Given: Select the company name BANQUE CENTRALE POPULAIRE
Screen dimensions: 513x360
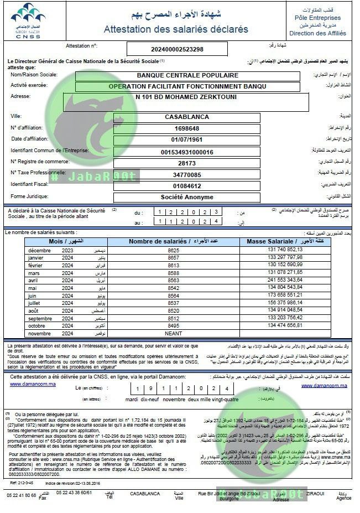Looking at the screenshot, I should tap(187, 75).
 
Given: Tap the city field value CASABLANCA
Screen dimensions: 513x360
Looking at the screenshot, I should tap(187, 117).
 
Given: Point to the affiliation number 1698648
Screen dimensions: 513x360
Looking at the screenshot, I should tap(187, 129).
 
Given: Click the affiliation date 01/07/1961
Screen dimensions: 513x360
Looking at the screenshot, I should tap(187, 140).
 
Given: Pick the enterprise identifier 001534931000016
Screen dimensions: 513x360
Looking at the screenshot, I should tap(187, 152).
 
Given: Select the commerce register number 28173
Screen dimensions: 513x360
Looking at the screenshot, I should tap(187, 163).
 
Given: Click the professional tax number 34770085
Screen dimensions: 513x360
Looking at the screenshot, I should tap(187, 175).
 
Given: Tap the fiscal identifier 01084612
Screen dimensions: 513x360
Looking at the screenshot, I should tap(187, 186).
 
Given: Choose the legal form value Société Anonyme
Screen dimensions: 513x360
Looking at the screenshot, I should tap(187, 197).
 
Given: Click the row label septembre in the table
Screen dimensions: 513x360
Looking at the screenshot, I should tap(40, 318).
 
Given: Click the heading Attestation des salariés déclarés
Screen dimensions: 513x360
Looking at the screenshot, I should tap(176, 29).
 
